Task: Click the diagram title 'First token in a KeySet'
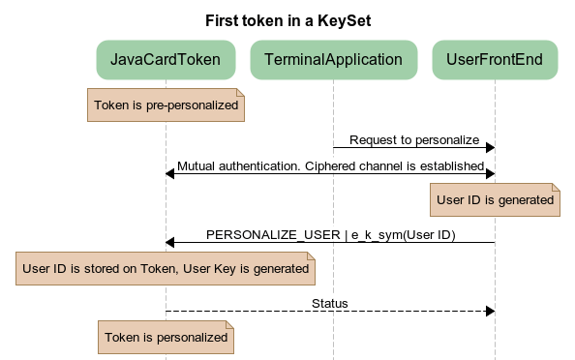pos(287,19)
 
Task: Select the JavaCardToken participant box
pos(166,60)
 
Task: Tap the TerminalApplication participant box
pos(333,60)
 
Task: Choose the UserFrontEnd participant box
pos(495,60)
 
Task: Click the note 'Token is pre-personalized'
pos(166,105)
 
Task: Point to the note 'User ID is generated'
pos(495,200)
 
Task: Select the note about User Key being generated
pos(166,269)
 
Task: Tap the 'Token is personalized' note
pos(166,338)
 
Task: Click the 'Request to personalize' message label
pos(414,139)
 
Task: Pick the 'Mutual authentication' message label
pos(330,165)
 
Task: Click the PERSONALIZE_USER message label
pos(330,234)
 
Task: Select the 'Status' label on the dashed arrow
pos(330,303)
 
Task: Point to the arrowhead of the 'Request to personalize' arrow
pos(490,147)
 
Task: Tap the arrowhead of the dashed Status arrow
pos(490,311)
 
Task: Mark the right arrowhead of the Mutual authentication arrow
pos(490,174)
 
